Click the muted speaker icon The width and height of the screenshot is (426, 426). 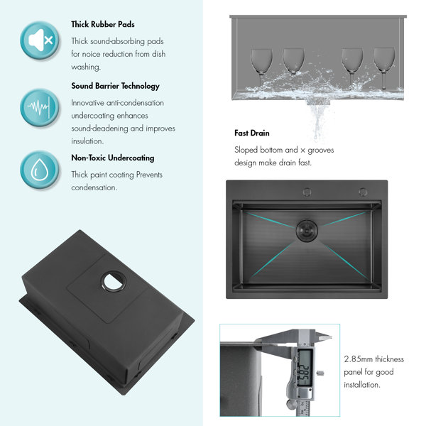pos(40,40)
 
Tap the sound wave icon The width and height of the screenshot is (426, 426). pos(40,107)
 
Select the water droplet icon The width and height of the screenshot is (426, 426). pos(40,170)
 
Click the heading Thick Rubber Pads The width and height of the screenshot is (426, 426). pos(103,24)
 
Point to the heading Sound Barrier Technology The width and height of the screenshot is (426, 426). pos(115,86)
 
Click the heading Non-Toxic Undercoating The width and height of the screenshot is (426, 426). pos(113,158)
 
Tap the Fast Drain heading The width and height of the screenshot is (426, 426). pos(252,133)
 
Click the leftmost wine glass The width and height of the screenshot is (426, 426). pos(261,68)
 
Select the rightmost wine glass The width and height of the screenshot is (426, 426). pos(384,68)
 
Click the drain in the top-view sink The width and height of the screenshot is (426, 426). pos(307,231)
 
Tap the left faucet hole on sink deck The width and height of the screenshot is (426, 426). pos(307,192)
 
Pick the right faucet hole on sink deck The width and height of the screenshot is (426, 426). pos(363,192)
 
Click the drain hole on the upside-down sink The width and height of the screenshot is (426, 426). pos(114,281)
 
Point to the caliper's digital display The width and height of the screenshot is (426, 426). pos(304,368)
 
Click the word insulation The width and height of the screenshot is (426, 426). pos(87,141)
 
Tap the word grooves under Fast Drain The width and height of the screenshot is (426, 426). pos(321,151)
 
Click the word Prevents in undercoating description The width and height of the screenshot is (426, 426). pos(149,175)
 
